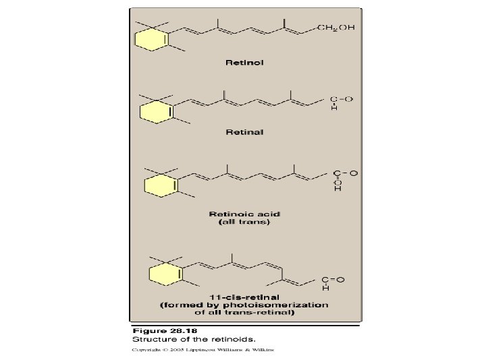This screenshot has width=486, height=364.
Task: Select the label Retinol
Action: [244, 62]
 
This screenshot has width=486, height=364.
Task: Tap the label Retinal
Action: [244, 132]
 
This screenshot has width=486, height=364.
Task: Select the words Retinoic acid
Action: [244, 214]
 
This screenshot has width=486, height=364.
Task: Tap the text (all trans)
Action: [244, 223]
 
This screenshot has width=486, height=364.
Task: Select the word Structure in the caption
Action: [151, 340]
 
